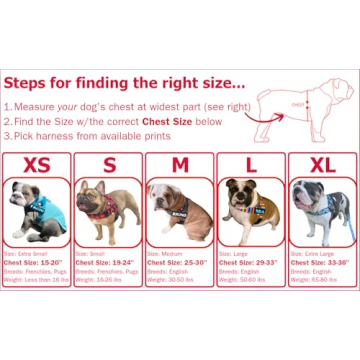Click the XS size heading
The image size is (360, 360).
pos(38,165)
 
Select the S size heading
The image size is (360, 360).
pos(108,165)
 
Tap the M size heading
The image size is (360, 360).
pos(179,165)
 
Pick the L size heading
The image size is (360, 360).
pos(250,165)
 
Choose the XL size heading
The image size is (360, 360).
pos(321,165)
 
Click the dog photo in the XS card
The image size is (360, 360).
pos(38,211)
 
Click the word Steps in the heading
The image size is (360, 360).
pos(29,82)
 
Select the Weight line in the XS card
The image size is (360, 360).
pos(37,278)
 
